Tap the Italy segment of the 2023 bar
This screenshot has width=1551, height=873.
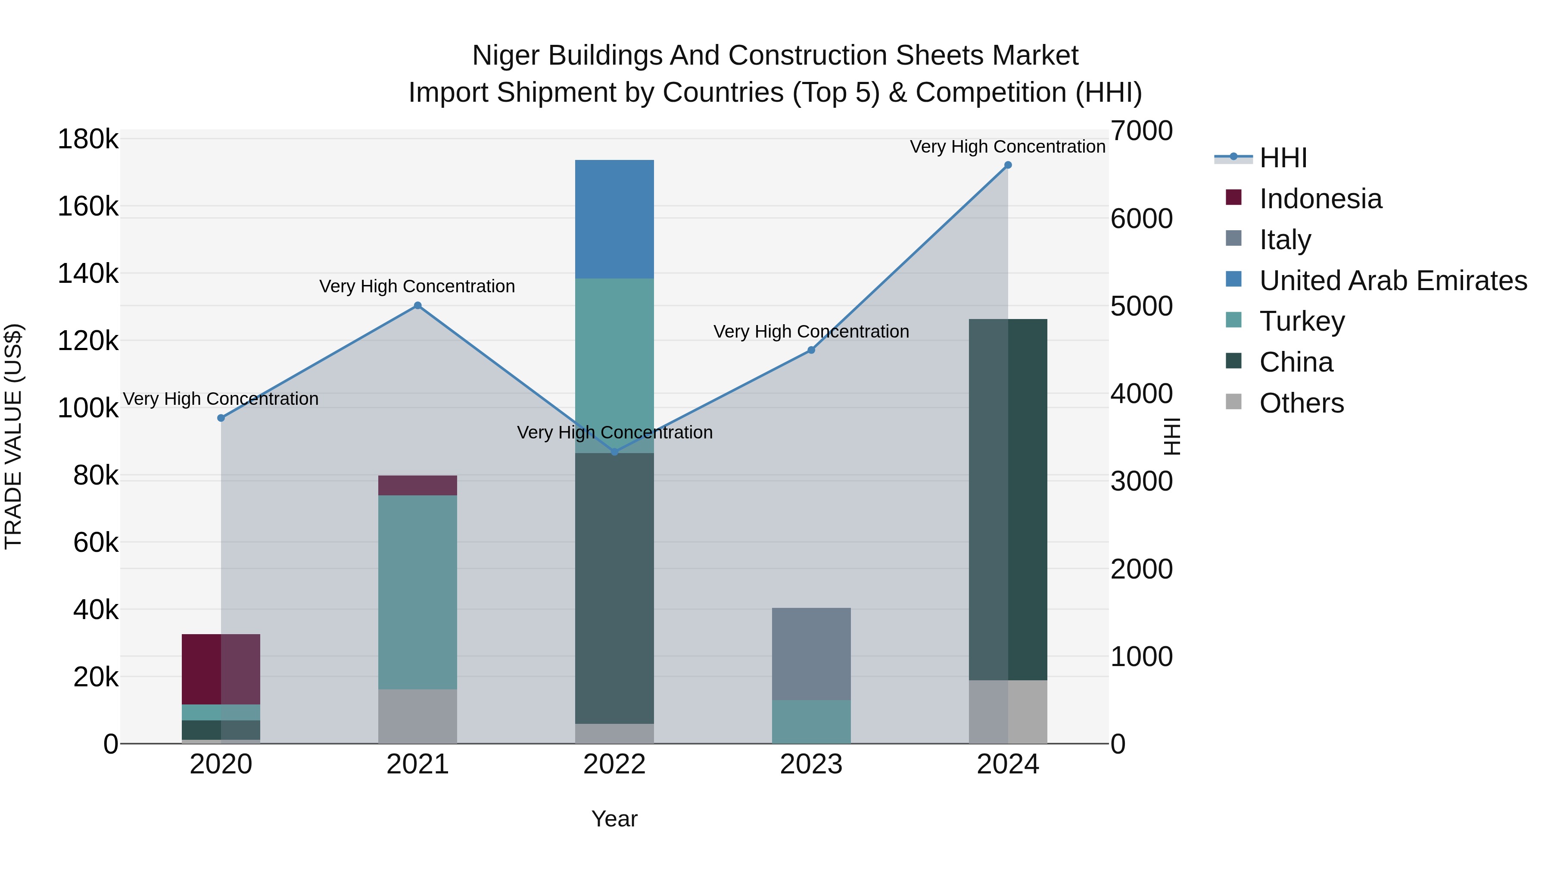[x=811, y=654]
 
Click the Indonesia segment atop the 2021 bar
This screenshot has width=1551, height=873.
[x=417, y=485]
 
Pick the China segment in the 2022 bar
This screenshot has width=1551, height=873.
[x=614, y=588]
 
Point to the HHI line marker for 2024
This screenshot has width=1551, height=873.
[x=1008, y=165]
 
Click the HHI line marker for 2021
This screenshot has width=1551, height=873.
[x=417, y=306]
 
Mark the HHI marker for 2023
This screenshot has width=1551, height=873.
[x=811, y=350]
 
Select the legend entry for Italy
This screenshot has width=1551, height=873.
[x=1285, y=240]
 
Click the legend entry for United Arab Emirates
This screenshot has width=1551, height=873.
[x=1392, y=281]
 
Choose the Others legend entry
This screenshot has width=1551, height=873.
[x=1301, y=403]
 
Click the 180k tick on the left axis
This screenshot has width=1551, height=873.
[x=88, y=140]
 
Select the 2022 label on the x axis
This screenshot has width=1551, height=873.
[x=614, y=764]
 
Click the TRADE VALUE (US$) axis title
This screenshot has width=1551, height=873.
[x=13, y=436]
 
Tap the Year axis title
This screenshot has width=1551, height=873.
[x=614, y=819]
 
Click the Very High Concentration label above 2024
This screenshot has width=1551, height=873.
[x=1007, y=147]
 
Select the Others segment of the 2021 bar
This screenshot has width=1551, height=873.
[x=417, y=717]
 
